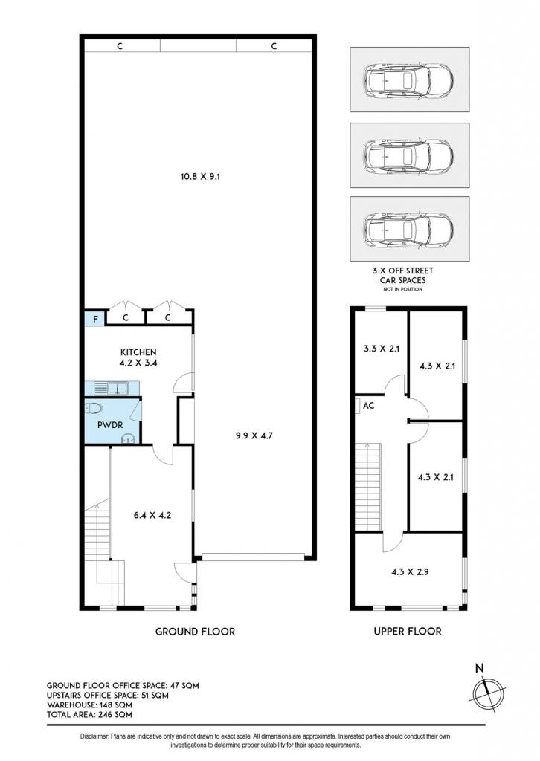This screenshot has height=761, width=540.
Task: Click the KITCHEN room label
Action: pos(138,352)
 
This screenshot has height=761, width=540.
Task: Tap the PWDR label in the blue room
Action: pos(110,424)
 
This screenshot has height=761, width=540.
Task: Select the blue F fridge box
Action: pos(95,319)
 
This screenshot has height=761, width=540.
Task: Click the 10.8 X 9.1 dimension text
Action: pos(200,177)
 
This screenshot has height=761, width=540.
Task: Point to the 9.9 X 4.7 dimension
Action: pos(254,435)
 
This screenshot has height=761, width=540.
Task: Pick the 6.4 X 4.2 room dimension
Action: pos(152,515)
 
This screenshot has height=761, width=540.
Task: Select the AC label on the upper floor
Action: pos(369,405)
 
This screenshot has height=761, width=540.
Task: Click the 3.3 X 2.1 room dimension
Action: pos(382,348)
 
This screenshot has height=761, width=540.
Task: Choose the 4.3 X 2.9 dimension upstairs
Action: pos(411,571)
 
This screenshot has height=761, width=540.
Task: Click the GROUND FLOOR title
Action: pos(195,632)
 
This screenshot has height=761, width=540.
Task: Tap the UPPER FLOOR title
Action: pos(408,631)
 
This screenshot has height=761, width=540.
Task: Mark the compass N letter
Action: pos(480,668)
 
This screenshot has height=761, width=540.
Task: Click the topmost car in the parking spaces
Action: pos(409,80)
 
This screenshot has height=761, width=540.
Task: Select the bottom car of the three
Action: pos(409,228)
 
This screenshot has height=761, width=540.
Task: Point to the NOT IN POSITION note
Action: pos(402,289)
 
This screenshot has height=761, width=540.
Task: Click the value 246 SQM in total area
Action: pos(115,714)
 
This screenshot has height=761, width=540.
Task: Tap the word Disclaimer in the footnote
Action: pos(94,736)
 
